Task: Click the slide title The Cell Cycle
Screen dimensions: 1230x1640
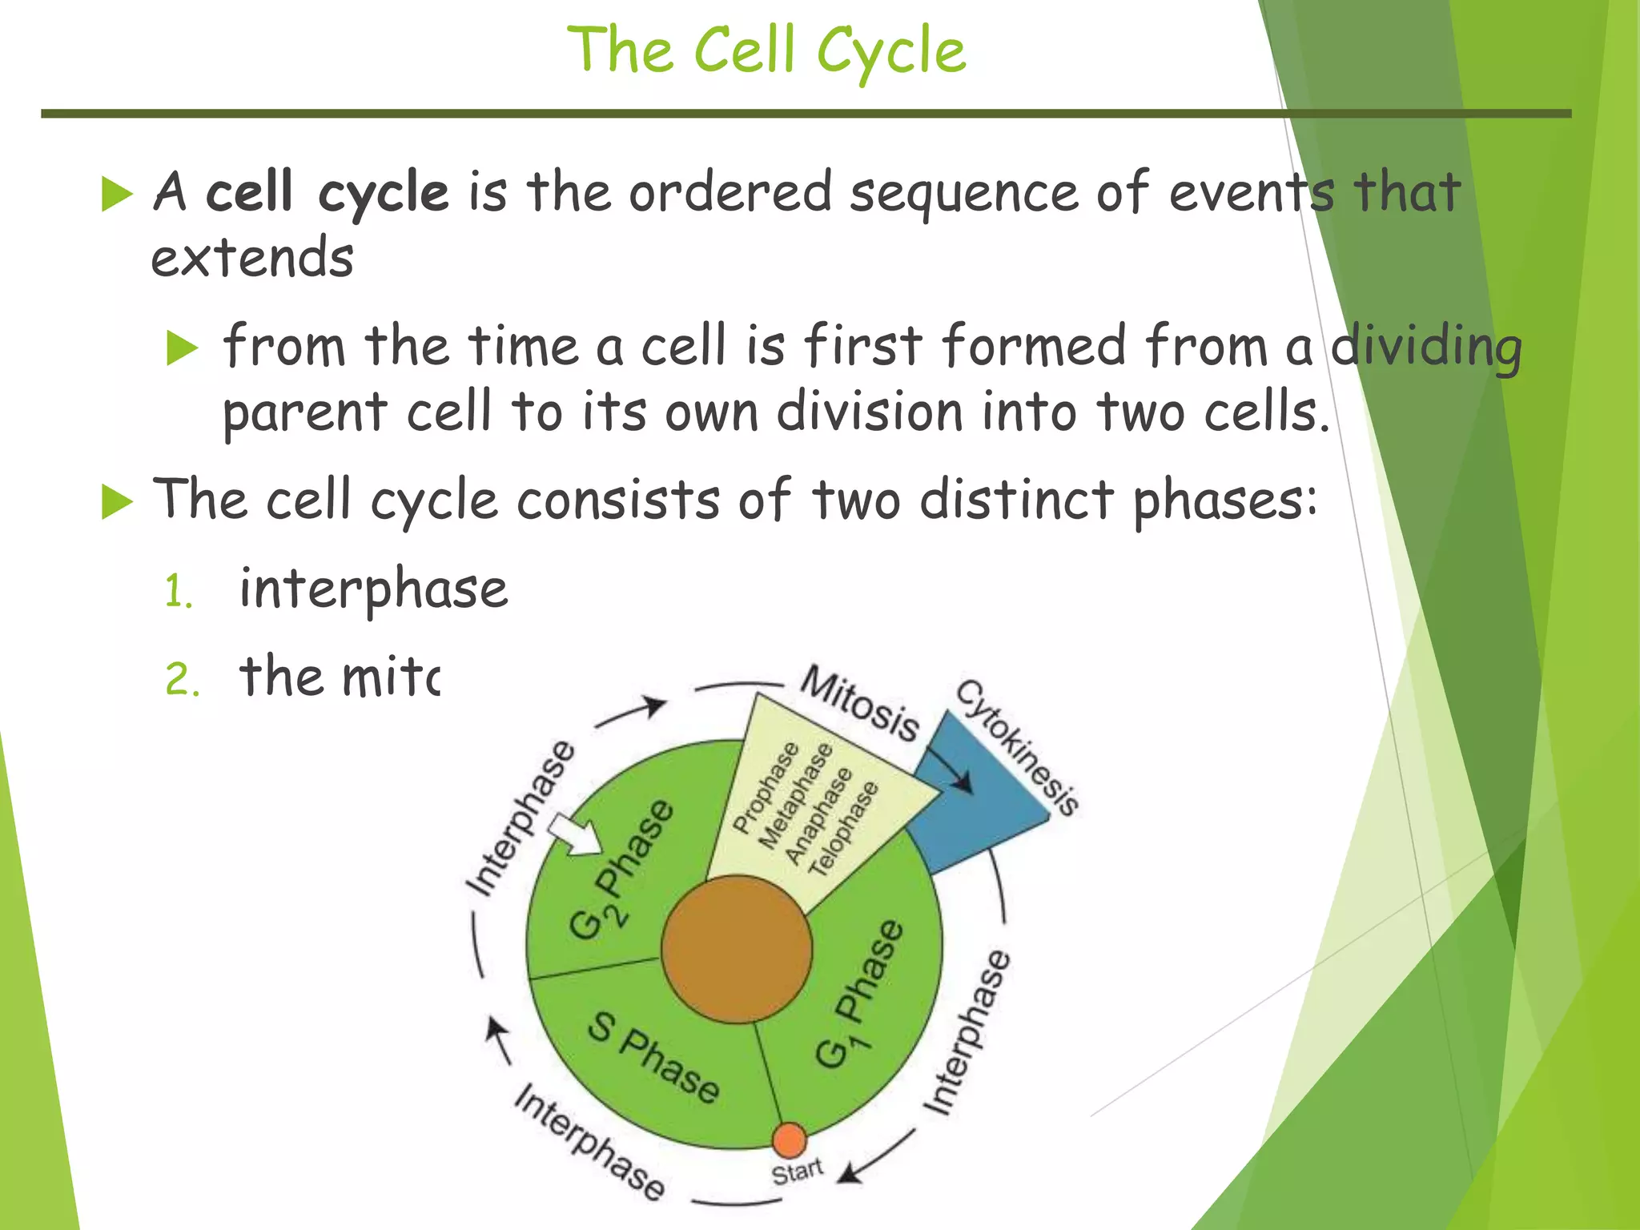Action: pos(766,50)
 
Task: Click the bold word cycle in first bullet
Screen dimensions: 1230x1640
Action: pos(383,193)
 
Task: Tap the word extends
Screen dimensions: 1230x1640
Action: pos(252,259)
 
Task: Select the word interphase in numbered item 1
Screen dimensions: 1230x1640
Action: pos(373,589)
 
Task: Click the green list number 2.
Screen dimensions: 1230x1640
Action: pos(182,680)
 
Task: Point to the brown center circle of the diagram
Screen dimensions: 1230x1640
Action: pos(737,949)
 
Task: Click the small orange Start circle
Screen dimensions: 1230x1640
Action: pos(790,1140)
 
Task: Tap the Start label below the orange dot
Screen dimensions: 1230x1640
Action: pos(797,1172)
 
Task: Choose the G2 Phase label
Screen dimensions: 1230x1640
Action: pos(621,870)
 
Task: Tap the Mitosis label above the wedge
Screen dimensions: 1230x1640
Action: pos(861,703)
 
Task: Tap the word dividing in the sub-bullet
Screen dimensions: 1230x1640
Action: pos(1425,347)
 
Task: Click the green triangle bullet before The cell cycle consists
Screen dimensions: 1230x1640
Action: pos(117,503)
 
